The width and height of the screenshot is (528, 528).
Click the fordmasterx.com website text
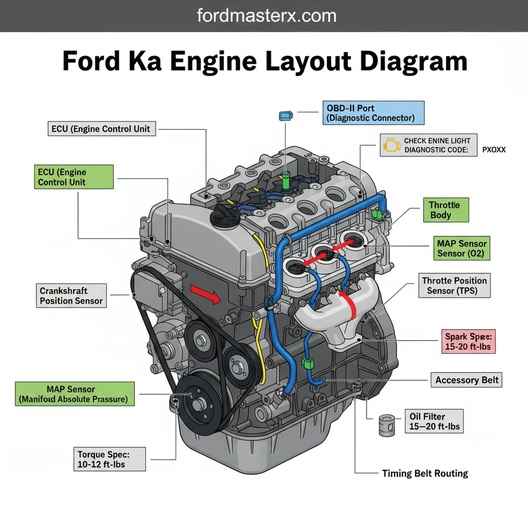click(267, 15)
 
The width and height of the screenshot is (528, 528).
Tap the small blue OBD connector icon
click(285, 115)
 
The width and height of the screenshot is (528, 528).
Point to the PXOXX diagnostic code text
click(494, 149)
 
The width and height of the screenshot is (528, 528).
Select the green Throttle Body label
click(445, 210)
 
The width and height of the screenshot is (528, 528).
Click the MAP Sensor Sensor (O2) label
click(462, 249)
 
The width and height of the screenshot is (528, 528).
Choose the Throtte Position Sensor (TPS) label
click(455, 286)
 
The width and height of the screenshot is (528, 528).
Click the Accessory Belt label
click(467, 380)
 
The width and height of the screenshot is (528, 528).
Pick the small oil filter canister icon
click(386, 425)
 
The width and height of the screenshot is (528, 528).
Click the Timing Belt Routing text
click(425, 474)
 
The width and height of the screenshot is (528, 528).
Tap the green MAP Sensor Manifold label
click(74, 394)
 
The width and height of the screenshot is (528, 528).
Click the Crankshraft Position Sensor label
click(72, 296)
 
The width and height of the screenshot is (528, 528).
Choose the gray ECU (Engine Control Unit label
click(101, 128)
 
